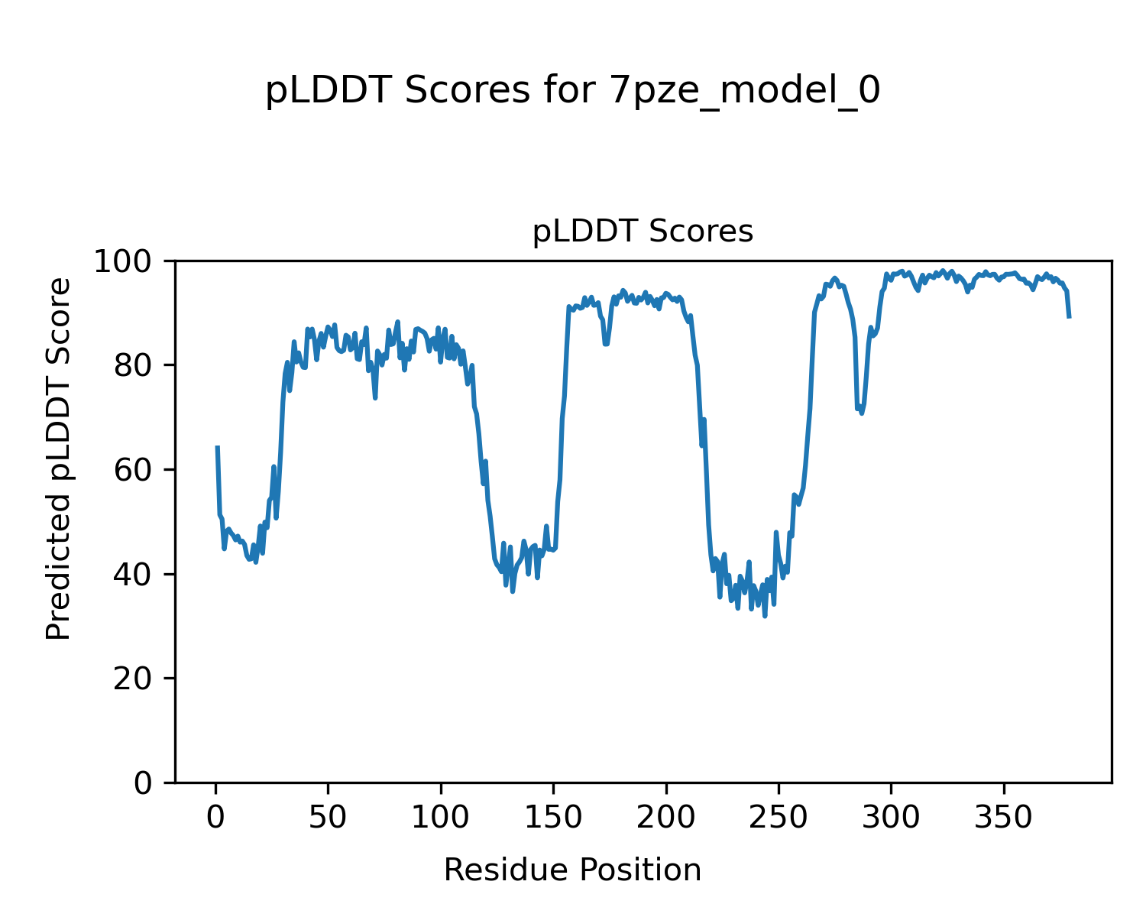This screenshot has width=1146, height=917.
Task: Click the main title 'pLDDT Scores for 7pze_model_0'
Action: pyautogui.click(x=572, y=92)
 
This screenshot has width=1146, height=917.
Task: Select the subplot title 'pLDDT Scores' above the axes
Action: pyautogui.click(x=643, y=232)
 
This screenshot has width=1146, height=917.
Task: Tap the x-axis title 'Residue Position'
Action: pyautogui.click(x=572, y=870)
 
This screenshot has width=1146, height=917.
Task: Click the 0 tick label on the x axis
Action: pyautogui.click(x=216, y=818)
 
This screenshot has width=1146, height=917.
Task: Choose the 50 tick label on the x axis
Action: pyautogui.click(x=329, y=818)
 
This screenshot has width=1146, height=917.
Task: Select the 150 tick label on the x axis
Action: pyautogui.click(x=553, y=818)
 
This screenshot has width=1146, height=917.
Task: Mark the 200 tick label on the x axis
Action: pyautogui.click(x=665, y=818)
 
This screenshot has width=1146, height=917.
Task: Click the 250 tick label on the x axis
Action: pyautogui.click(x=778, y=818)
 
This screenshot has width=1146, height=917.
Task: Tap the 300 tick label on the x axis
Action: pyautogui.click(x=890, y=818)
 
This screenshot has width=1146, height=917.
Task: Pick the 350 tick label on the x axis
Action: pyautogui.click(x=1002, y=818)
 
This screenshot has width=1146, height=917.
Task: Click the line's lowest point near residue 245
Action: pyautogui.click(x=765, y=616)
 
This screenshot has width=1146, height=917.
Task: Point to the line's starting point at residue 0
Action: pyautogui.click(x=217, y=447)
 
